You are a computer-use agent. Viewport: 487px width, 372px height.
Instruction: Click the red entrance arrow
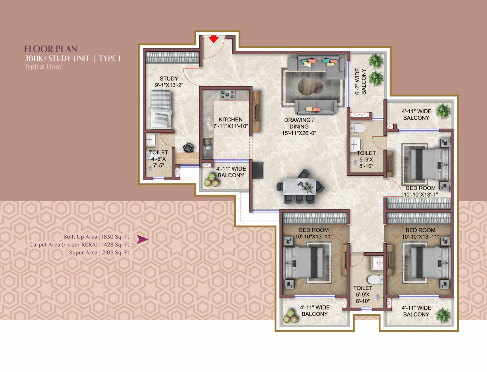click(x=214, y=39)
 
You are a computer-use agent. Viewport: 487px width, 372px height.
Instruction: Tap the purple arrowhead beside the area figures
click(x=142, y=239)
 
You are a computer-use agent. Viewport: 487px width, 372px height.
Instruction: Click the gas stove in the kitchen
click(x=227, y=95)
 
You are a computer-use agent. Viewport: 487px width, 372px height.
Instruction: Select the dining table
click(x=299, y=186)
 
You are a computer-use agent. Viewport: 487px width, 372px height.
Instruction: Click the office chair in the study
click(x=188, y=147)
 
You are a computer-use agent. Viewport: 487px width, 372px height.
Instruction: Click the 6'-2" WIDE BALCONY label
click(x=361, y=81)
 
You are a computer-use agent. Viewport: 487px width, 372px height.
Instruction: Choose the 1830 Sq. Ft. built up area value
click(x=116, y=237)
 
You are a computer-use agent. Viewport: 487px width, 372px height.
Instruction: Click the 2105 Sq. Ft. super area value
click(x=116, y=252)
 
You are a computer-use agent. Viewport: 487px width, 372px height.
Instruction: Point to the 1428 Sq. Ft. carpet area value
click(x=116, y=244)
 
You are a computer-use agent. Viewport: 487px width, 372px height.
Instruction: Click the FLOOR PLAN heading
click(x=50, y=49)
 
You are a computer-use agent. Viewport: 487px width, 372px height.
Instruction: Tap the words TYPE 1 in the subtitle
click(x=110, y=58)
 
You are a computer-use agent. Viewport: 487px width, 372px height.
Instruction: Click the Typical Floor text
click(x=43, y=67)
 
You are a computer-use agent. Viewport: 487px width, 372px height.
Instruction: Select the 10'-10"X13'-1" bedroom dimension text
click(x=420, y=195)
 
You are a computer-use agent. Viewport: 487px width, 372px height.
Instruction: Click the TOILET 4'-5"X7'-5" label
click(x=158, y=159)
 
